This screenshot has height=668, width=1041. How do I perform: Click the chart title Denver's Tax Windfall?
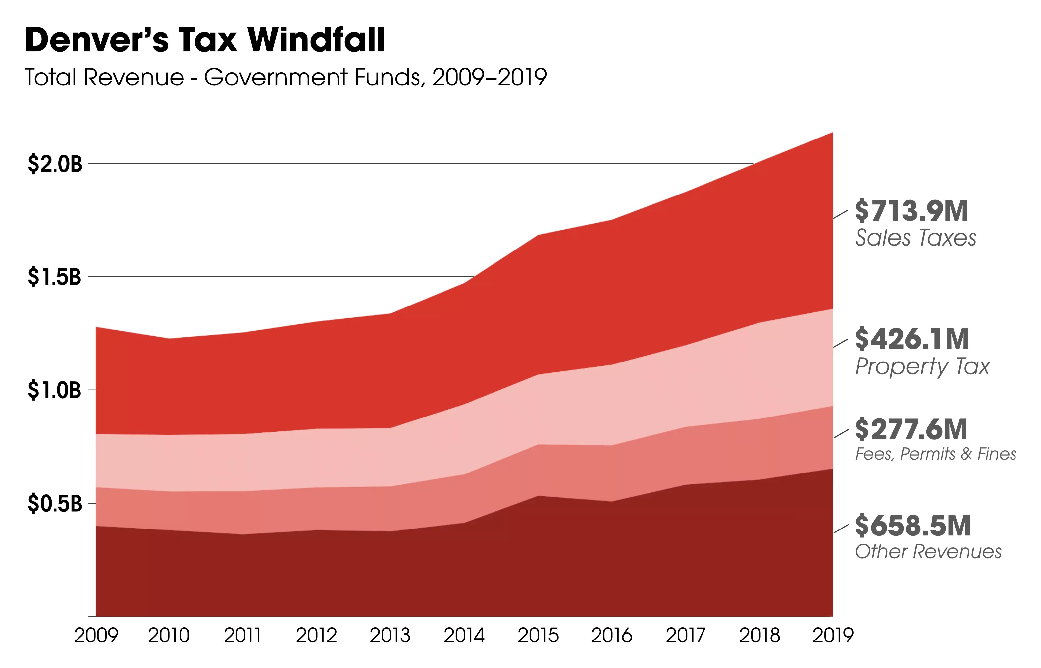pos(205,40)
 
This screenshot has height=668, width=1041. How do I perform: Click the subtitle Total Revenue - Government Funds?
pos(285,78)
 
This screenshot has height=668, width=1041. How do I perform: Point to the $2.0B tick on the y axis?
pos(55,164)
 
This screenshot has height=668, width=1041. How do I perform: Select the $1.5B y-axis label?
pos(55,277)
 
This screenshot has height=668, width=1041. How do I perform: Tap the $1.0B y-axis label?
pos(55,390)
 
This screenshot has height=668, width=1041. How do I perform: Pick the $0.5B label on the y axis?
pos(55,504)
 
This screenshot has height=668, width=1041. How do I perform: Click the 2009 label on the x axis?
pos(96,636)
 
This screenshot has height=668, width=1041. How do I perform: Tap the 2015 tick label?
pos(538,636)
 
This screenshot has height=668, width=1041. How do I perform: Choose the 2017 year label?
pos(686,636)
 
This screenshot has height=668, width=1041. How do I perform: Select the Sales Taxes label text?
pos(915,238)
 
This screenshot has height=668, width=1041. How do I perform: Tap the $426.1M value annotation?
pos(912,339)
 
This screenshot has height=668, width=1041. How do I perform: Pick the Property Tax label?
pos(922,366)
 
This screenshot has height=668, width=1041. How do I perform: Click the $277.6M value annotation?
pos(911,429)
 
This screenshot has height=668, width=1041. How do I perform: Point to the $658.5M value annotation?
pos(913,526)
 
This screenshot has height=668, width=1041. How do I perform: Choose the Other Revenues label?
pos(928,552)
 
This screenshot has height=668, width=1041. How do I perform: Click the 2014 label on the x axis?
pos(464,636)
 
